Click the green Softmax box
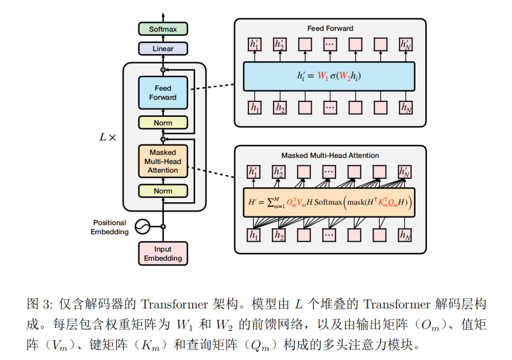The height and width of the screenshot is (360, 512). tap(163, 29)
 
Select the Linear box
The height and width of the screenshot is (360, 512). tap(163, 48)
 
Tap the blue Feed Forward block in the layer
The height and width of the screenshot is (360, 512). tap(163, 93)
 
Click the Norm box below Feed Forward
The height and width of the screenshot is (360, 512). tap(163, 123)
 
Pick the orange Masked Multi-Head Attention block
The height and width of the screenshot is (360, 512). tap(163, 161)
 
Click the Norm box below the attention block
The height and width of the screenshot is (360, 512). tap(163, 191)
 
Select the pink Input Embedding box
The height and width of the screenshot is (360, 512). tap(163, 254)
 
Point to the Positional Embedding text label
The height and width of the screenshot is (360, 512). tap(110, 227)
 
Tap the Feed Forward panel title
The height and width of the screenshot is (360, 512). tap(330, 28)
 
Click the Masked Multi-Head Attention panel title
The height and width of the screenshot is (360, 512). tap(330, 155)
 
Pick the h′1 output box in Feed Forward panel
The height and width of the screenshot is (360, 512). tap(255, 45)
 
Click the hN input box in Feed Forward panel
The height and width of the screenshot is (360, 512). tap(406, 108)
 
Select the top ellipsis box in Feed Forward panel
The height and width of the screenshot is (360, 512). tap(330, 45)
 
